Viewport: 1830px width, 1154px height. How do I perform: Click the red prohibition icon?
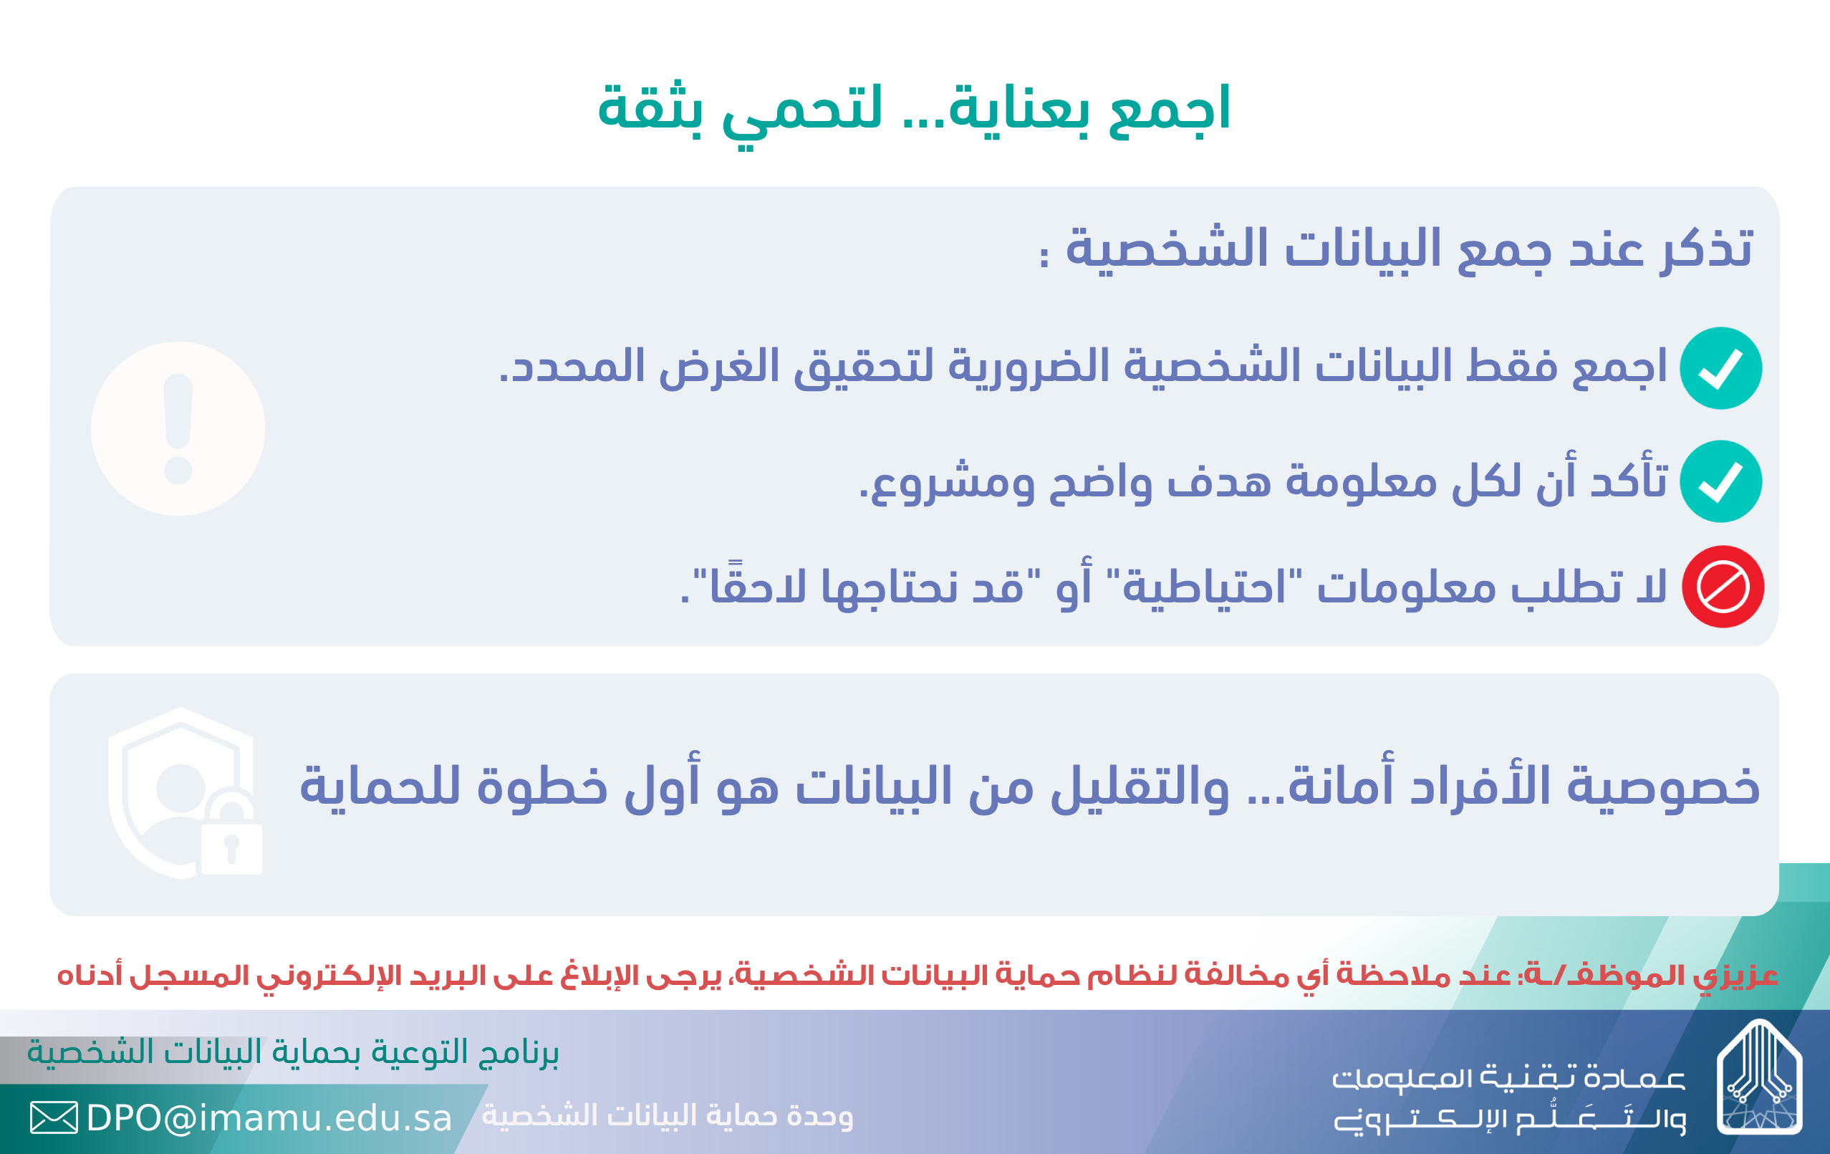click(x=1723, y=587)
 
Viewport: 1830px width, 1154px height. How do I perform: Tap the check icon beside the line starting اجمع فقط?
click(x=1721, y=369)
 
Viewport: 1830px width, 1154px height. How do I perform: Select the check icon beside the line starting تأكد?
click(x=1721, y=481)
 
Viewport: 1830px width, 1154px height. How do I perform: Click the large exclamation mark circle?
click(x=178, y=429)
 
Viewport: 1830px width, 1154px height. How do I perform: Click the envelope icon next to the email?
click(x=54, y=1117)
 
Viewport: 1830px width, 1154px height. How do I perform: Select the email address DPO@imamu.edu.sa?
click(x=269, y=1118)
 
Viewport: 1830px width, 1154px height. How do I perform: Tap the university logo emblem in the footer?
click(x=1760, y=1077)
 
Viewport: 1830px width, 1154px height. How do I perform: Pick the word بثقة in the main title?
click(x=650, y=108)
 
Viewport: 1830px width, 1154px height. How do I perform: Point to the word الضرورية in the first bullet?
click(x=1030, y=367)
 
